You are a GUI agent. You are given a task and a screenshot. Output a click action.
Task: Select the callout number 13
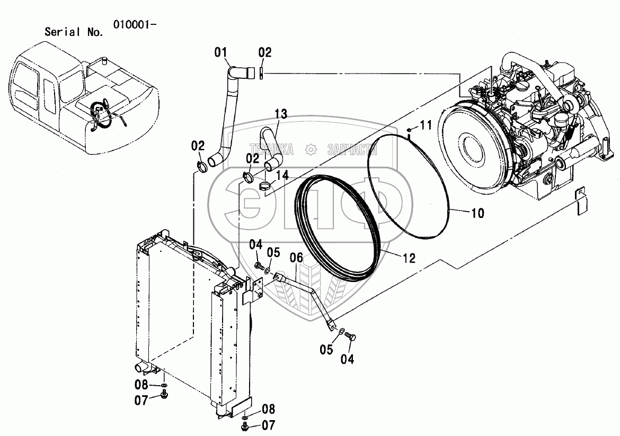click(281, 113)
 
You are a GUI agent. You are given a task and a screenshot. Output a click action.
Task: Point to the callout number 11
click(427, 125)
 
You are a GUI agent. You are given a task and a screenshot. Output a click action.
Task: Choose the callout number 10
click(477, 213)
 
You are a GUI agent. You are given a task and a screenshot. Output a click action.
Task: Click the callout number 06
click(296, 257)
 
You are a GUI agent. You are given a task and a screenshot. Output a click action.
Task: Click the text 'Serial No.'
click(74, 32)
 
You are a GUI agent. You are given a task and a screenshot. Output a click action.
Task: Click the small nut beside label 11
click(410, 130)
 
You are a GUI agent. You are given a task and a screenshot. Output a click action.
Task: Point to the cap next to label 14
click(265, 186)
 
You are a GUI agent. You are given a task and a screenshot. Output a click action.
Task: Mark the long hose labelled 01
click(228, 116)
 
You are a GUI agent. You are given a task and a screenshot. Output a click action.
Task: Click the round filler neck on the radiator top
click(197, 256)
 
